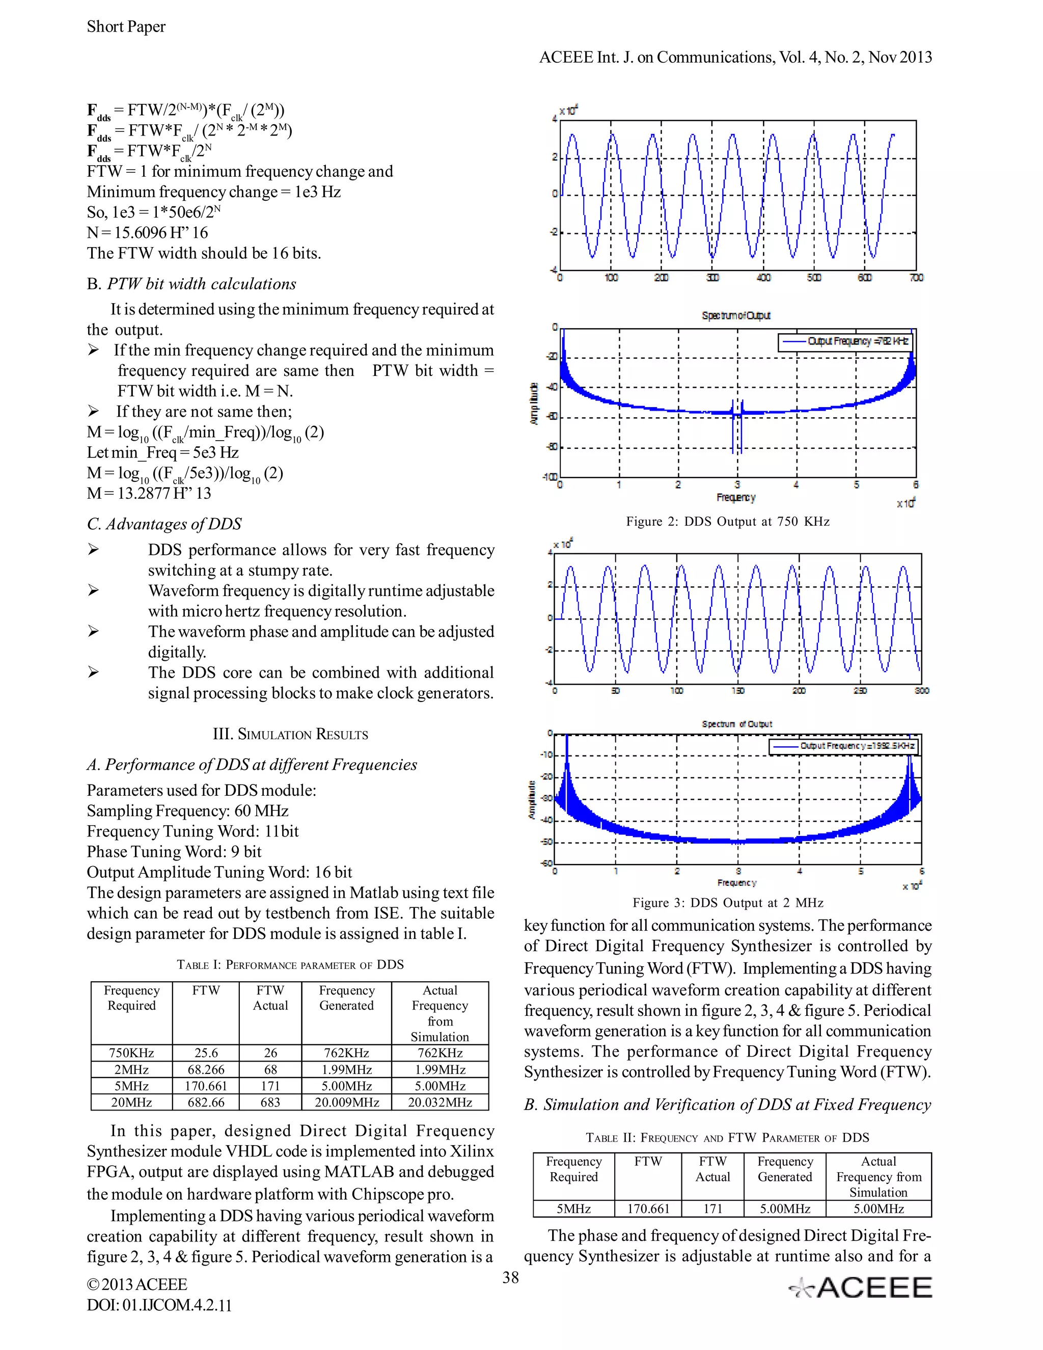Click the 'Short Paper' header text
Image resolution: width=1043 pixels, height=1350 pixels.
pyautogui.click(x=126, y=26)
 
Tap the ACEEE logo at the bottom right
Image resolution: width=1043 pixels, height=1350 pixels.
pyautogui.click(x=861, y=1287)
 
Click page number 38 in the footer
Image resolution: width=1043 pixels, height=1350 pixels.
pyautogui.click(x=510, y=1277)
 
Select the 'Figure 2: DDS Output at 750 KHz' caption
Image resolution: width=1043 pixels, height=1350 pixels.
pyautogui.click(x=727, y=521)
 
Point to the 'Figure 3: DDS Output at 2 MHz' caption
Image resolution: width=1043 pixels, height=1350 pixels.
pyautogui.click(x=727, y=903)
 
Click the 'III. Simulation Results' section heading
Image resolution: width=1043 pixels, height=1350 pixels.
pyautogui.click(x=290, y=734)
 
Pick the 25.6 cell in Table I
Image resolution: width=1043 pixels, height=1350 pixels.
pyautogui.click(x=206, y=1052)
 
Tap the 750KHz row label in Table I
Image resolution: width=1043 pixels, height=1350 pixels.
pyautogui.click(x=131, y=1052)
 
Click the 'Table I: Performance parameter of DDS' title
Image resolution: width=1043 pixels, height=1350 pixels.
pyautogui.click(x=290, y=964)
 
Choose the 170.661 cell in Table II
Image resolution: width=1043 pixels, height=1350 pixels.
pyautogui.click(x=648, y=1208)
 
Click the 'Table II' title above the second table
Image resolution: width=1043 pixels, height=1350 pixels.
pyautogui.click(x=727, y=1138)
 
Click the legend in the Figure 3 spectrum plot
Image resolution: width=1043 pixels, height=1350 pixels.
pyautogui.click(x=843, y=746)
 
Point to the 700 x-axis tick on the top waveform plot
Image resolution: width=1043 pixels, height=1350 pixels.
pyautogui.click(x=916, y=278)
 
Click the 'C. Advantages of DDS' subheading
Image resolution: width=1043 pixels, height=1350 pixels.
pyautogui.click(x=164, y=524)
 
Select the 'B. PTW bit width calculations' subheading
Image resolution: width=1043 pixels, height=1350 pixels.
pyautogui.click(x=191, y=284)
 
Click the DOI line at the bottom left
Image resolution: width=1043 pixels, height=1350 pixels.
pyautogui.click(x=159, y=1306)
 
